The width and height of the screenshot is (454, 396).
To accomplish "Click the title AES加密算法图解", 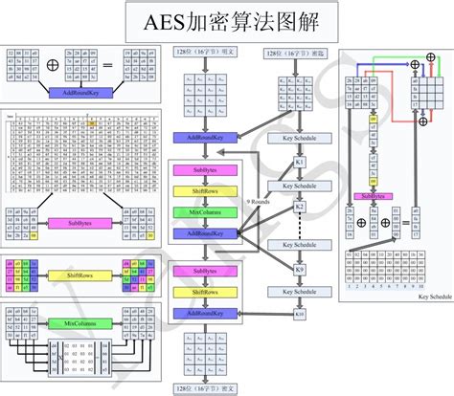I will pos(226,20).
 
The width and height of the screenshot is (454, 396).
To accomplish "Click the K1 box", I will pos(299,162).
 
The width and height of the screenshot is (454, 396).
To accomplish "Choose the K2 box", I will pos(299,207).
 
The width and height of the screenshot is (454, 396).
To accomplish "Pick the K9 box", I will pos(299,269).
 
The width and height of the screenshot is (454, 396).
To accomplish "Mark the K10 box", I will pos(299,313).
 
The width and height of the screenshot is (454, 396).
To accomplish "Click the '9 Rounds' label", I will pos(260,203).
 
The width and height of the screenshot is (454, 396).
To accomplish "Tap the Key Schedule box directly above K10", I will pos(299,291).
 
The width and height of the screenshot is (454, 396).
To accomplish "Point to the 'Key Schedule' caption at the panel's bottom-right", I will pos(433,297).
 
